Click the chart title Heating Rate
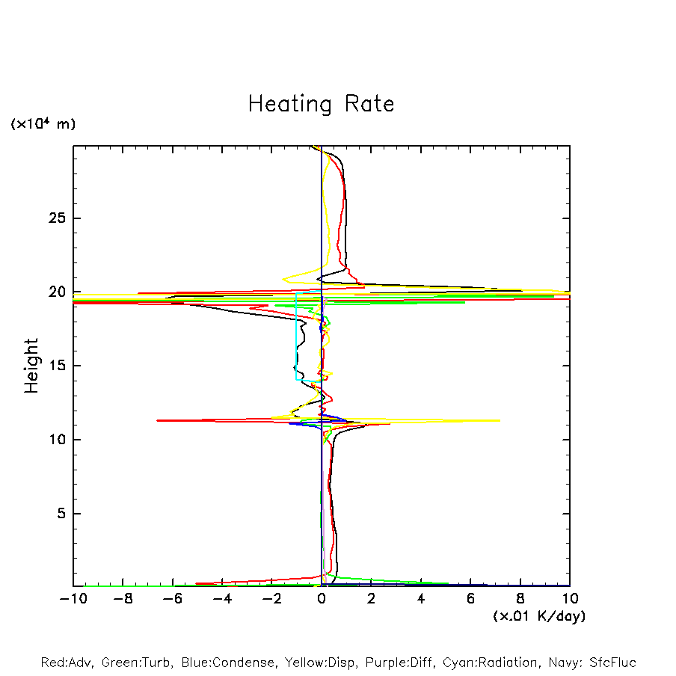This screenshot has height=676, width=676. pyautogui.click(x=321, y=104)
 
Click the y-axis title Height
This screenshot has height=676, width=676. pyautogui.click(x=31, y=366)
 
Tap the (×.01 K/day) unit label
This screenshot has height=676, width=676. pyautogui.click(x=538, y=616)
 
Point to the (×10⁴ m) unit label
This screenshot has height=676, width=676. pyautogui.click(x=43, y=124)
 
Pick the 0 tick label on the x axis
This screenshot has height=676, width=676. pyautogui.click(x=322, y=599)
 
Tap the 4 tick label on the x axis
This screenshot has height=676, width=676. pyautogui.click(x=421, y=599)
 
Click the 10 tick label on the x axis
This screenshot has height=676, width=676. pyautogui.click(x=570, y=599)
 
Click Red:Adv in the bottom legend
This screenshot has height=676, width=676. pyautogui.click(x=66, y=663)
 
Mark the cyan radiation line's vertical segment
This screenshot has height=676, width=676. pyautogui.click(x=297, y=337)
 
